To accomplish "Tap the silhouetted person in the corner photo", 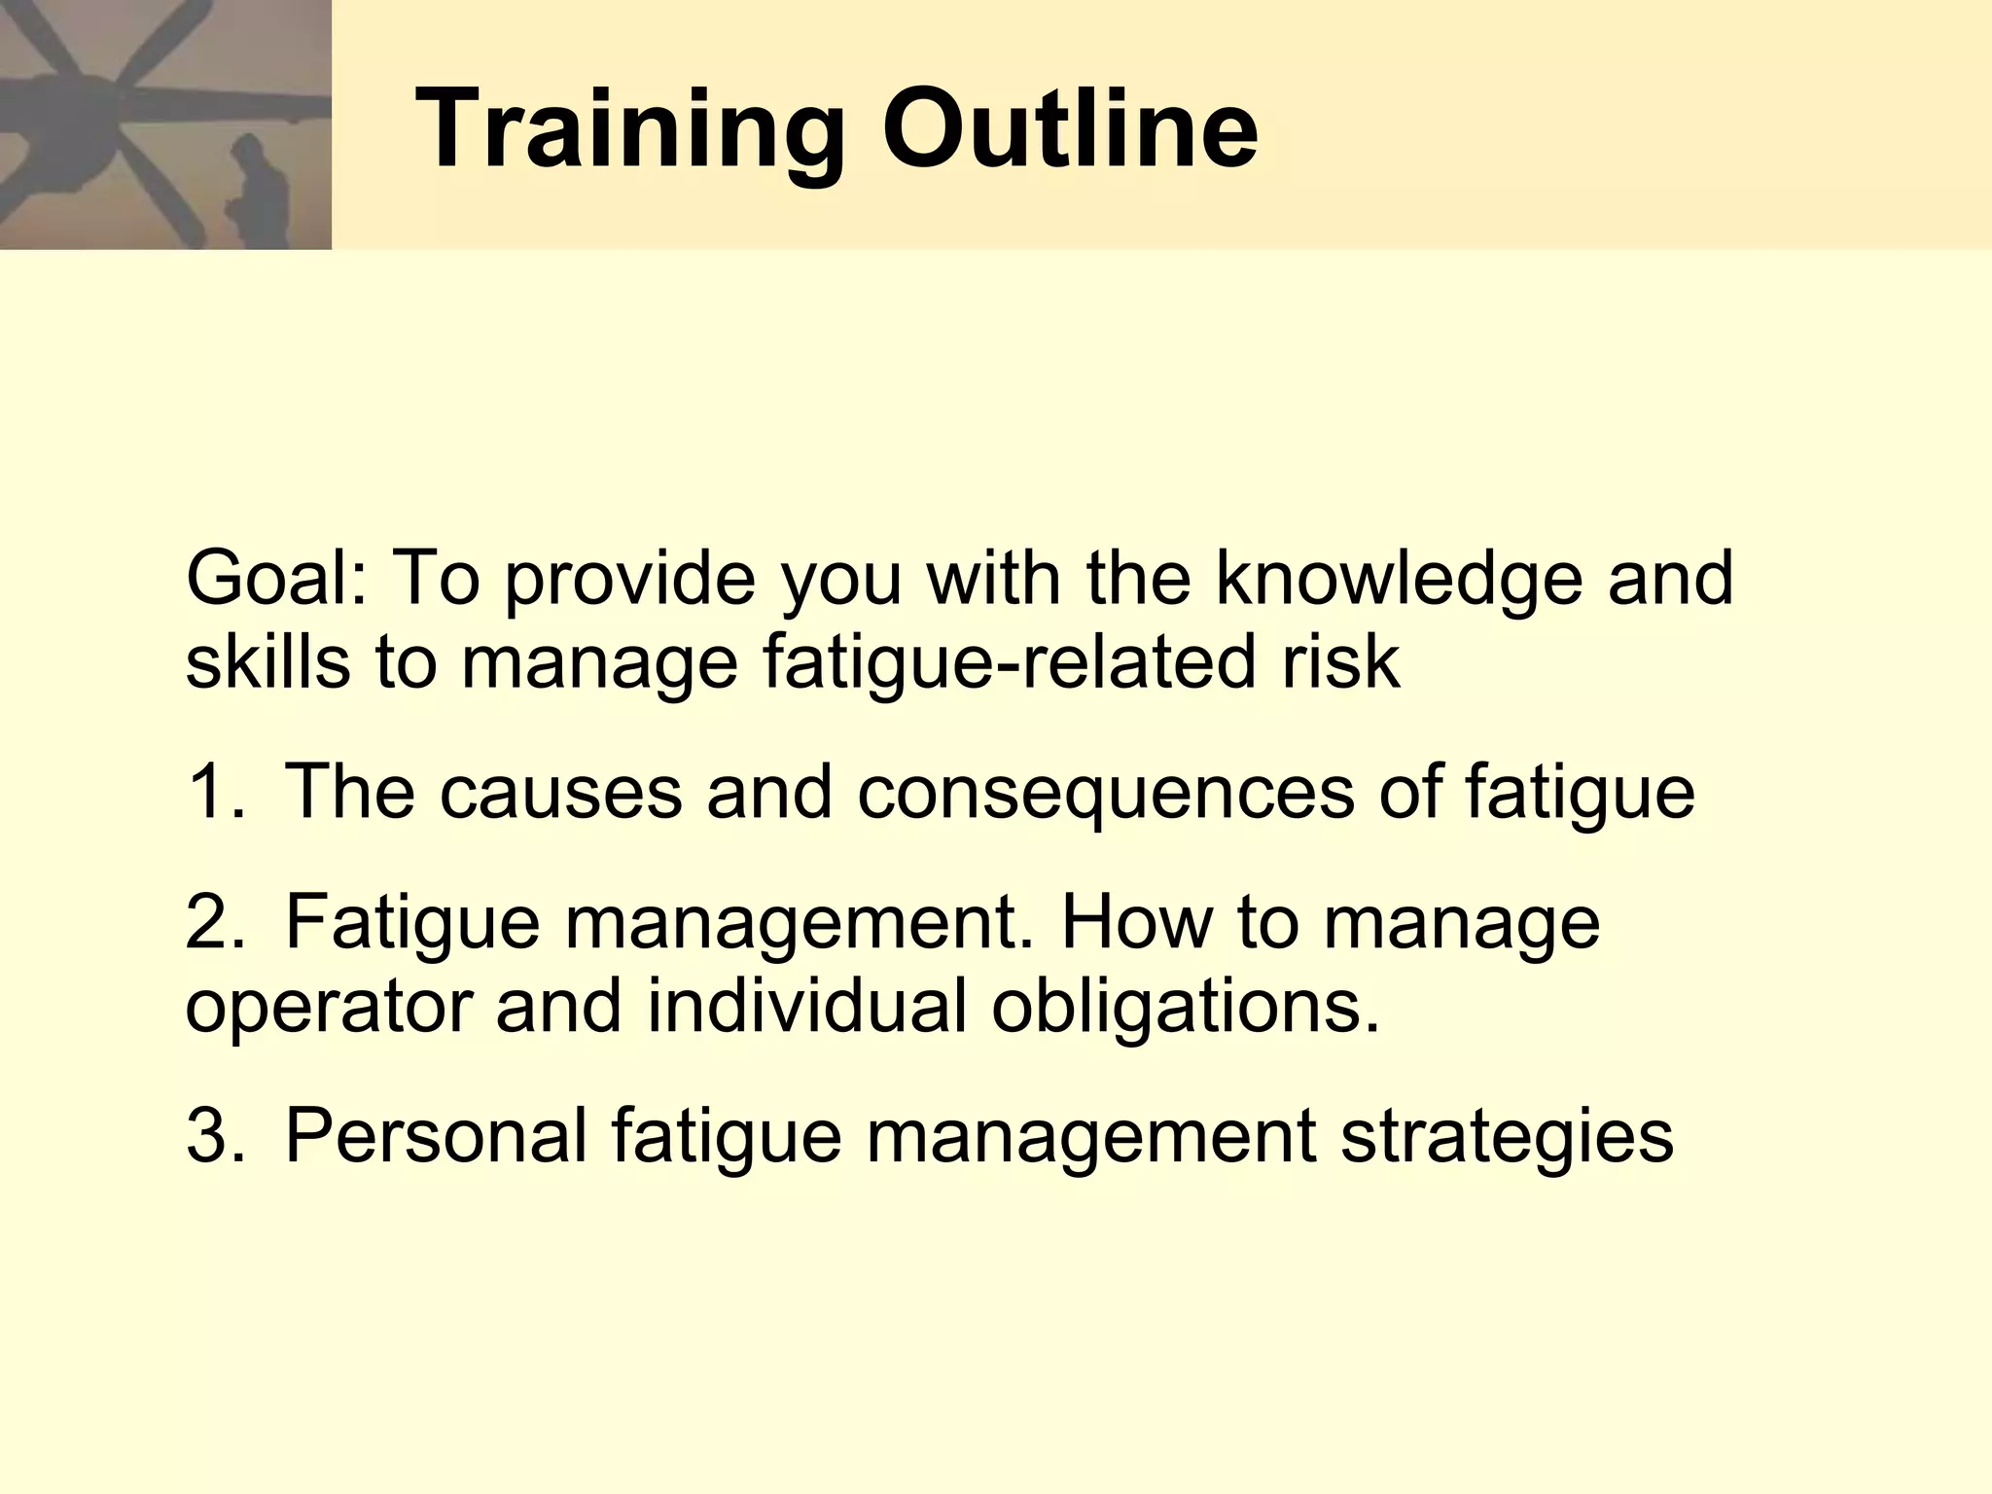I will [x=256, y=195].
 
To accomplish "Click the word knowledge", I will [x=1400, y=579].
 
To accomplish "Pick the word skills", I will [x=267, y=662].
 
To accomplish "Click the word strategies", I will [x=1507, y=1136].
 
